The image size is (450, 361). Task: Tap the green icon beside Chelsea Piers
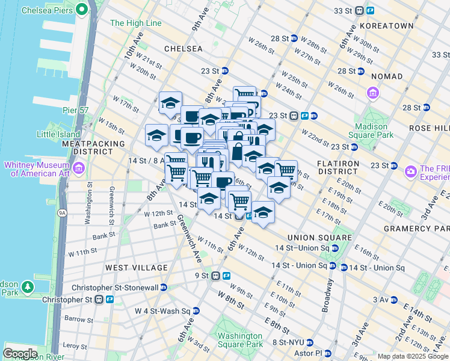click(x=78, y=10)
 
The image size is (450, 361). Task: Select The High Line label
click(x=136, y=23)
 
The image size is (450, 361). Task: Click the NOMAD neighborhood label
click(x=387, y=76)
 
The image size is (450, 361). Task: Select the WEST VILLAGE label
click(x=137, y=267)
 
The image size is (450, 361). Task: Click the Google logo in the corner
click(x=20, y=353)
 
